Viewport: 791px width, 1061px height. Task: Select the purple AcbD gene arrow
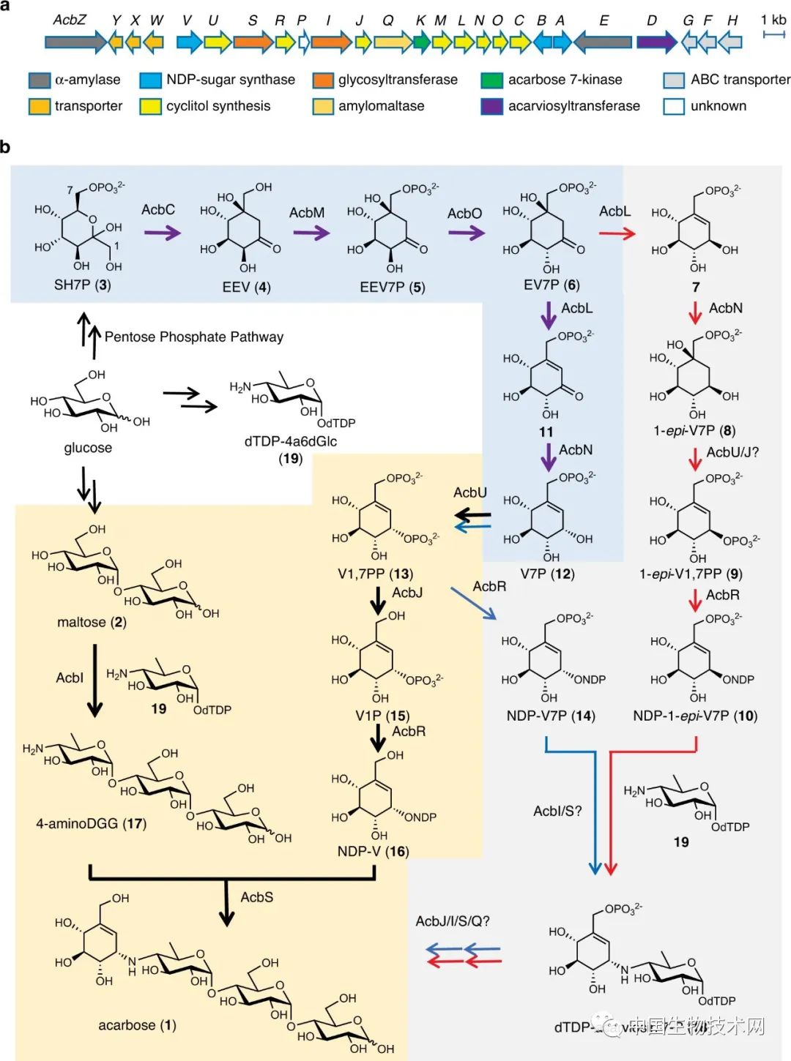pos(656,42)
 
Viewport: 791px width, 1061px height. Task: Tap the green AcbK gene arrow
pos(421,42)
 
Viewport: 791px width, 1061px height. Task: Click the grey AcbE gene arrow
pos(603,42)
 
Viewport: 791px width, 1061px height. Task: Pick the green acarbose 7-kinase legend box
pos(492,80)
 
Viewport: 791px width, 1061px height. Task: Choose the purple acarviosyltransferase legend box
pos(492,106)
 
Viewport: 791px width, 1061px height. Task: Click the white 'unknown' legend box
pos(674,106)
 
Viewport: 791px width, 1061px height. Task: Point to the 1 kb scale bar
pos(773,34)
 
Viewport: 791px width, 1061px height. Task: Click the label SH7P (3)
pos(82,285)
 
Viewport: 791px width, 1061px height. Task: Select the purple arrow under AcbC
pos(162,233)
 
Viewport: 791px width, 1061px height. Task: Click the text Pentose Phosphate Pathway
pos(194,337)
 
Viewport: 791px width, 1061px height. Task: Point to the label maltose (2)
pos(92,622)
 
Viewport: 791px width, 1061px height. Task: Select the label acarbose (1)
pos(137,1025)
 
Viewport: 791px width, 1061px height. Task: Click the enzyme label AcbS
pos(257,897)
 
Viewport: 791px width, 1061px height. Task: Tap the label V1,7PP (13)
pos(375,574)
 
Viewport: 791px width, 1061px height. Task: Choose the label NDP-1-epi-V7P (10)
pos(695,716)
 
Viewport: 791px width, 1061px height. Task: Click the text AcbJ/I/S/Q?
pos(453,921)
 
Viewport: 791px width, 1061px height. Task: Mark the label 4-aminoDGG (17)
pos(91,823)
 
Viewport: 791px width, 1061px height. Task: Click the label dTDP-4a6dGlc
pos(291,441)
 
